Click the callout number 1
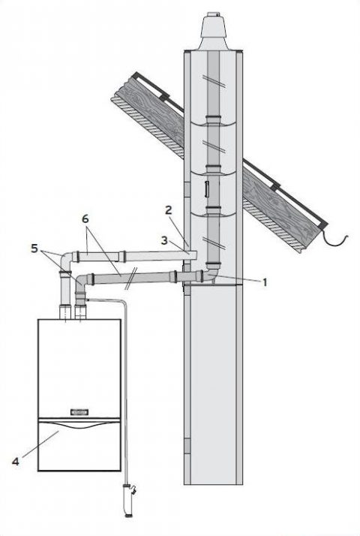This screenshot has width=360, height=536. (264, 283)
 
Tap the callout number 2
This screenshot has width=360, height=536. (169, 210)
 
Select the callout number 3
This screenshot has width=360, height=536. (165, 241)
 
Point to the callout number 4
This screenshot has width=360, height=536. (15, 462)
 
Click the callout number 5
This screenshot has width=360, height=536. (34, 248)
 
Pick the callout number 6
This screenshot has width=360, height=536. (85, 218)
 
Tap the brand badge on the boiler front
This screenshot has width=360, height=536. (79, 412)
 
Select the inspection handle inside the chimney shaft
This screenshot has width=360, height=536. (207, 190)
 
